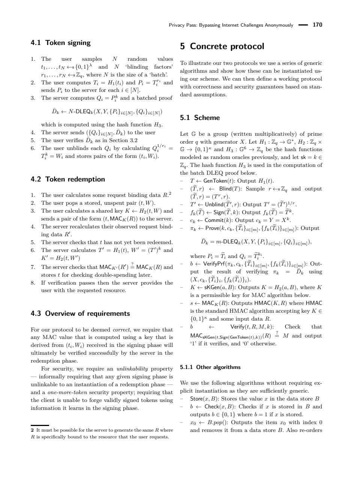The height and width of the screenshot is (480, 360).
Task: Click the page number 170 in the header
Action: [x=317, y=25]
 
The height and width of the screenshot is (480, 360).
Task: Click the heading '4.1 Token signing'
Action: [x=60, y=43]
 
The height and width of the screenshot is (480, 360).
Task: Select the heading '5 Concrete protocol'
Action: [x=222, y=46]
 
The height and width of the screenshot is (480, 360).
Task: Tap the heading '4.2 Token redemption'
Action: [x=67, y=179]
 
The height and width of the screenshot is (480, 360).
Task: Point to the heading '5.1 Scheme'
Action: [x=200, y=118]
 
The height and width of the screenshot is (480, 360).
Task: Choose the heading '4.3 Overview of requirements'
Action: [x=80, y=313]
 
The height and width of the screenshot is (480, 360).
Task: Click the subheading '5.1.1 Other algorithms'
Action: [x=210, y=367]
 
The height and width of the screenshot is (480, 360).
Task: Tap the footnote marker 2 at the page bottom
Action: [x=32, y=430]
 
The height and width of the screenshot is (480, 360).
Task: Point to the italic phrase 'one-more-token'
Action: [x=67, y=393]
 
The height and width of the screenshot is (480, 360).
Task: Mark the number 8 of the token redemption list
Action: [x=33, y=283]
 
